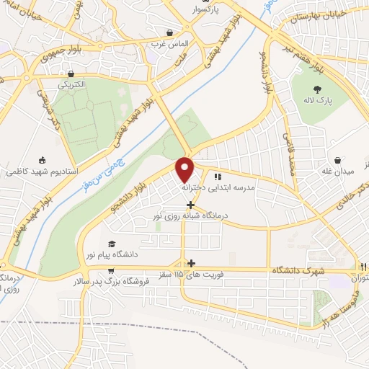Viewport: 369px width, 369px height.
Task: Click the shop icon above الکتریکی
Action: pos(71,74)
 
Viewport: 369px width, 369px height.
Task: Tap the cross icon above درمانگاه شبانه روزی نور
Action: pos(190,205)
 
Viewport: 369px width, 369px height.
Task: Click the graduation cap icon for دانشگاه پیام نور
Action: pos(111,244)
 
